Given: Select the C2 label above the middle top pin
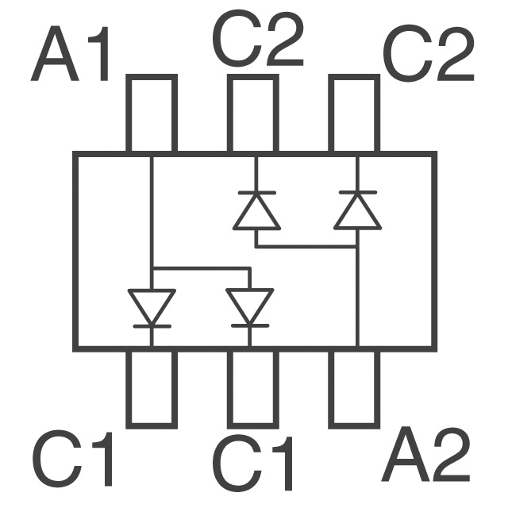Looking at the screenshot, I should point(258,41).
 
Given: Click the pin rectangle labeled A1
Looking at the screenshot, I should point(152,114).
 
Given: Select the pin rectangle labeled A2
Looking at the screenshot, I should point(354,387).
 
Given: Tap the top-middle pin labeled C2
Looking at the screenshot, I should point(253,114).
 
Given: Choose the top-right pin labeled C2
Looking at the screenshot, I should point(354,114).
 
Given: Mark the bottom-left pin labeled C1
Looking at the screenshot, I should point(152,387).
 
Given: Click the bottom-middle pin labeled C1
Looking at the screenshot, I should point(253,387).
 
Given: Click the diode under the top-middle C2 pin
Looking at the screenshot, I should point(256,210).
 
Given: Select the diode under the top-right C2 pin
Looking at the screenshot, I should point(356,210).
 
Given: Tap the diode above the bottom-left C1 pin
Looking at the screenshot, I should point(152,307).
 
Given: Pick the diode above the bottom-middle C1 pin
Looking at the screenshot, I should point(249,307).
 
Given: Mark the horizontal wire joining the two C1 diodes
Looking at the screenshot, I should point(200,268).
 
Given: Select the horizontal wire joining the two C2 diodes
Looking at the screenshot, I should point(306,247).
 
